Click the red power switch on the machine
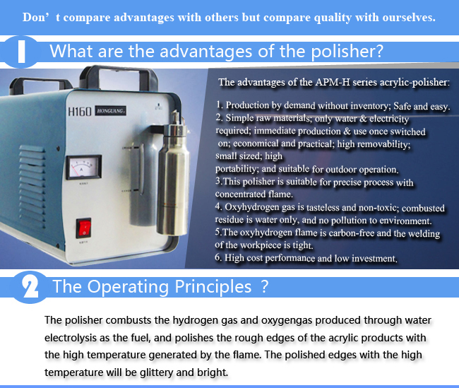[84, 228]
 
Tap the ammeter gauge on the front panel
[83, 167]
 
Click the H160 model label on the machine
[80, 112]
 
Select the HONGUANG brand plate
[111, 111]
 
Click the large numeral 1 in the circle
[21, 52]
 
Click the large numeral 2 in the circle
[30, 287]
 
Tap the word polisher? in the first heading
[347, 52]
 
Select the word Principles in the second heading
[213, 287]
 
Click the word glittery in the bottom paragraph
[157, 372]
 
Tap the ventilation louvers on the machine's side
[32, 184]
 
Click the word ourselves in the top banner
[409, 18]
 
